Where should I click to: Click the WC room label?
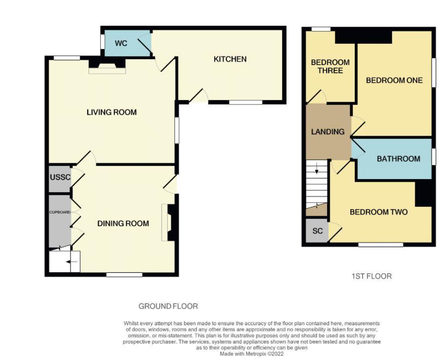(x=121, y=43)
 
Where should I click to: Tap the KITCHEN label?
(x=230, y=59)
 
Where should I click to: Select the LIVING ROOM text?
(x=112, y=112)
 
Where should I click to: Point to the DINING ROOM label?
(x=123, y=223)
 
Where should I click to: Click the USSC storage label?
(x=60, y=177)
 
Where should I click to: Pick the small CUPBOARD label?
(x=60, y=211)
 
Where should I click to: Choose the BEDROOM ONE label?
(x=394, y=80)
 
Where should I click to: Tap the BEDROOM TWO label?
(x=379, y=212)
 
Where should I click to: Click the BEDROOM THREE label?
(x=330, y=66)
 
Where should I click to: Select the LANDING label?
(x=328, y=132)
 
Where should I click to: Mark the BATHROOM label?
(x=398, y=159)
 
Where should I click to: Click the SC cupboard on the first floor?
(x=318, y=231)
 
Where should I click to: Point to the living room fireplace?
(x=107, y=66)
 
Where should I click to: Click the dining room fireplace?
(x=169, y=222)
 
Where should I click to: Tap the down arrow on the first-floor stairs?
(x=317, y=171)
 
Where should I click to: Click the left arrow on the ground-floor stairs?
(x=71, y=261)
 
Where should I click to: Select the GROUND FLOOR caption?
(x=168, y=306)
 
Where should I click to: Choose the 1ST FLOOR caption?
(x=371, y=276)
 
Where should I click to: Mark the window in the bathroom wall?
(x=433, y=157)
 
